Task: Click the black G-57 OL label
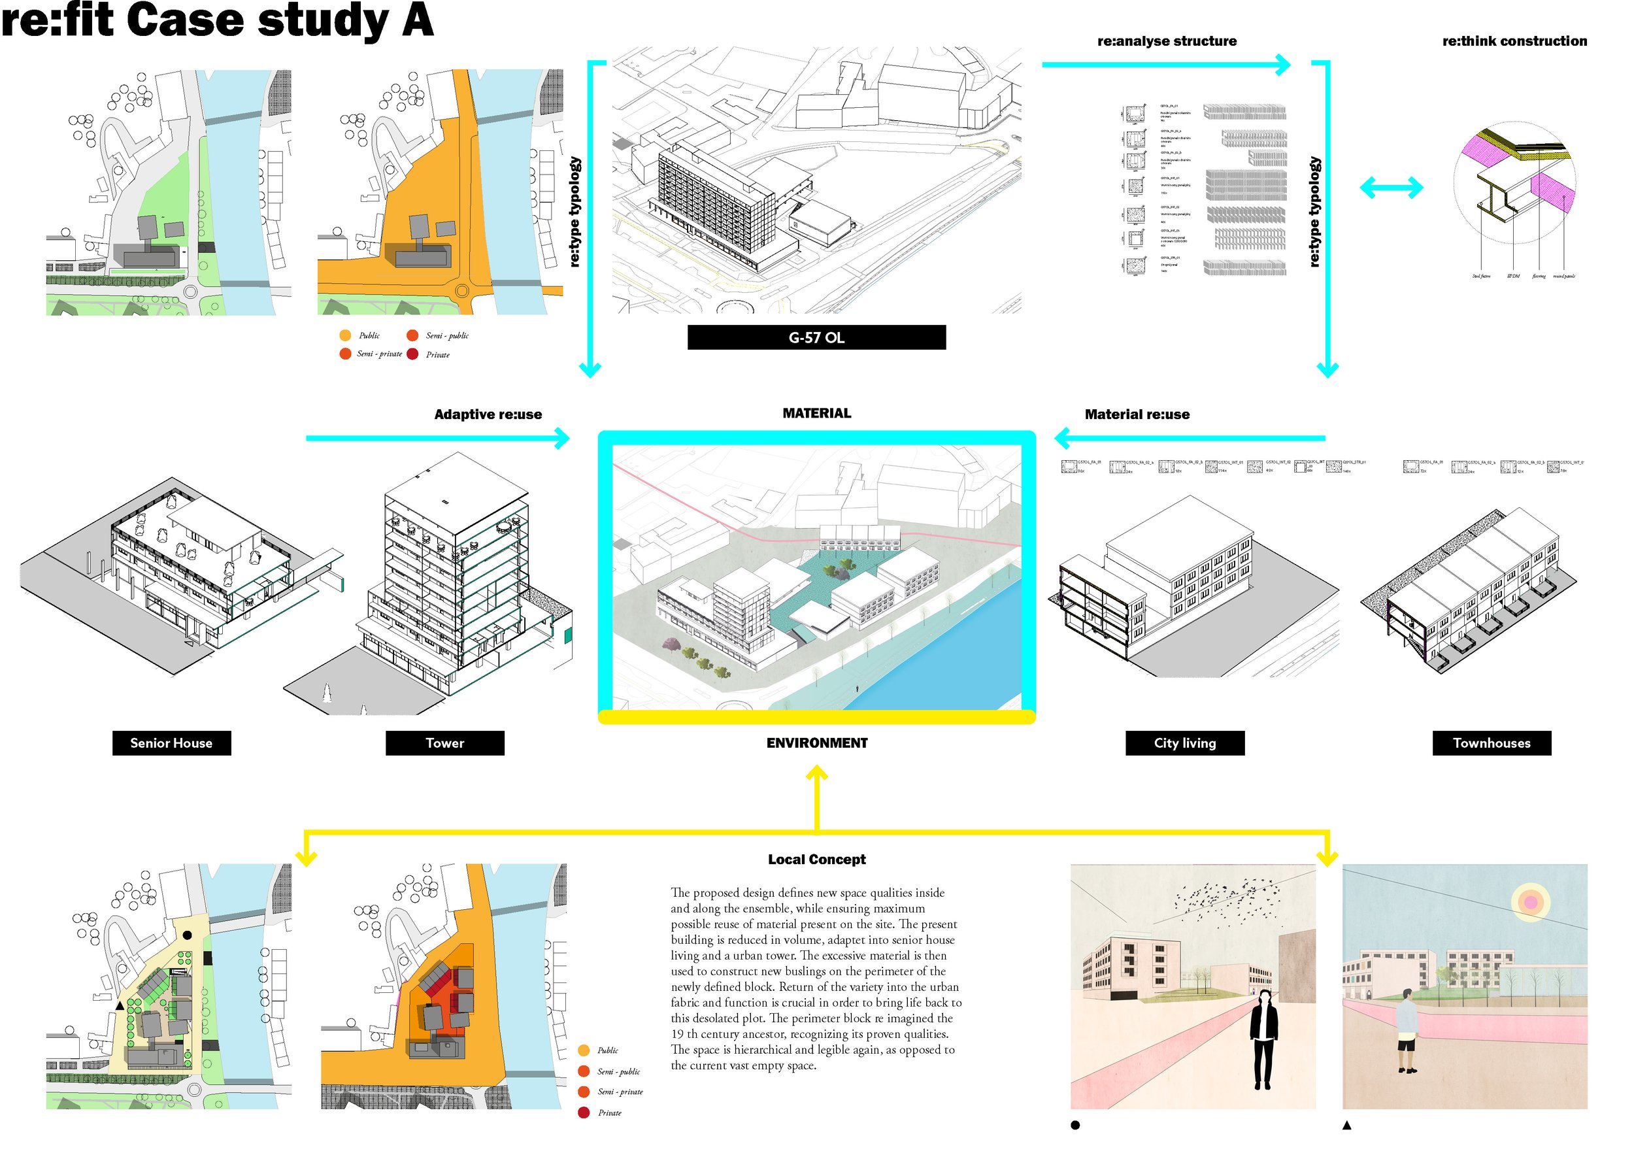[x=816, y=337]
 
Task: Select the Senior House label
[x=171, y=743]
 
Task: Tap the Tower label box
[x=445, y=743]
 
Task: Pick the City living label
[x=1185, y=743]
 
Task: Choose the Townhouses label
[x=1492, y=743]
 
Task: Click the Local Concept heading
[x=816, y=859]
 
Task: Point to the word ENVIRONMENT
[x=817, y=743]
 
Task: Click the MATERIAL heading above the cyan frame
[x=816, y=414]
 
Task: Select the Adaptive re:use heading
[x=488, y=414]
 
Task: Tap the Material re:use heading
[x=1137, y=414]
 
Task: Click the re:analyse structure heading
[x=1167, y=41]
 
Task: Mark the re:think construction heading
[x=1514, y=41]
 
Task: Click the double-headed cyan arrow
[x=1391, y=188]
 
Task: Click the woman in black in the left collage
[x=1263, y=1040]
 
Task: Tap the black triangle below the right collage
[x=1346, y=1125]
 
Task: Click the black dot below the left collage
[x=1075, y=1125]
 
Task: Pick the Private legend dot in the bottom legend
[x=584, y=1113]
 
